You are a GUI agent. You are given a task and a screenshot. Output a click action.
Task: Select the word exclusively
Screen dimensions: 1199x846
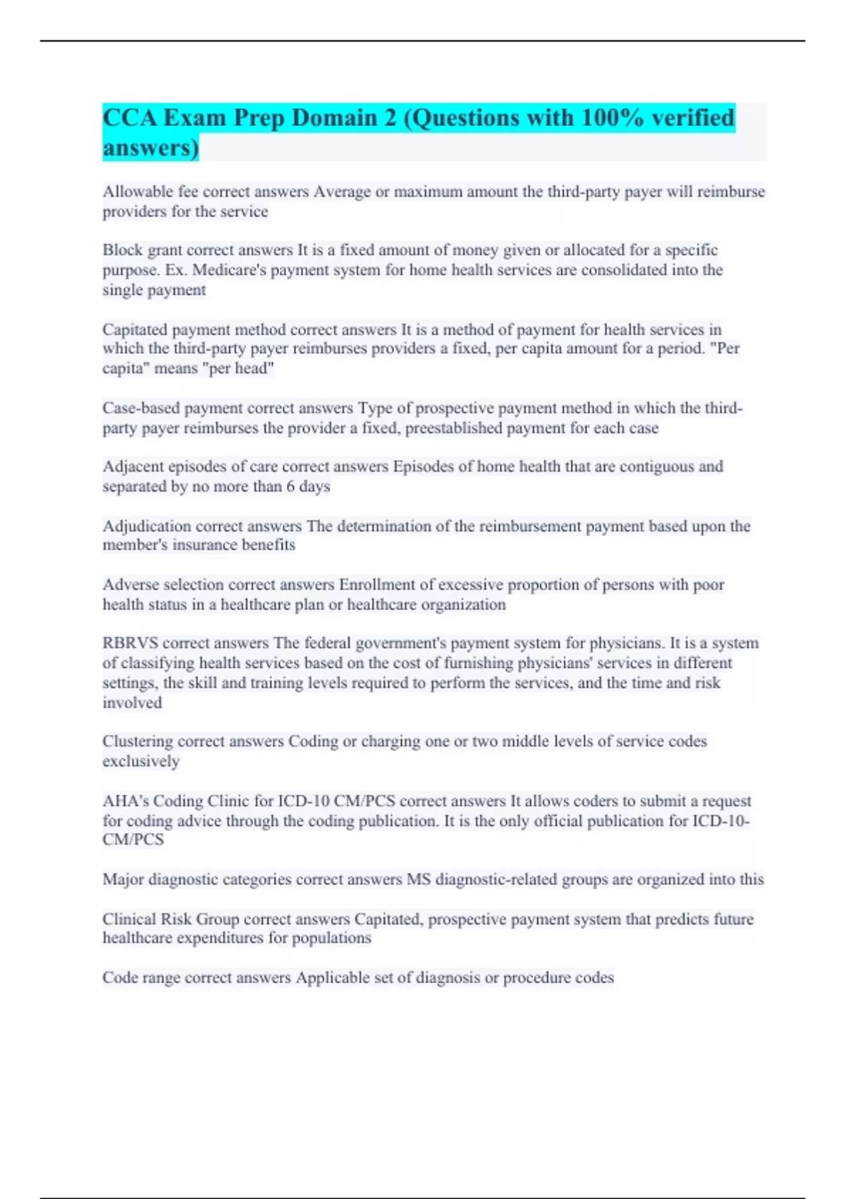coord(141,762)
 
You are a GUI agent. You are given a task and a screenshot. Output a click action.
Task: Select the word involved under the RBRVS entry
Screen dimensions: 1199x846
coord(132,703)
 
